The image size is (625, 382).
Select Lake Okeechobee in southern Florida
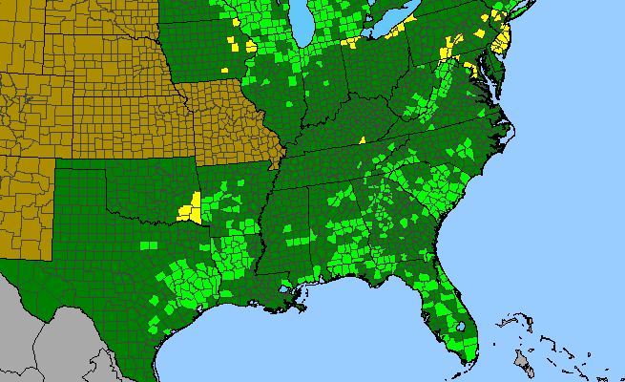[460, 327]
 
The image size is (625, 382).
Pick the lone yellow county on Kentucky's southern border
[363, 140]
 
